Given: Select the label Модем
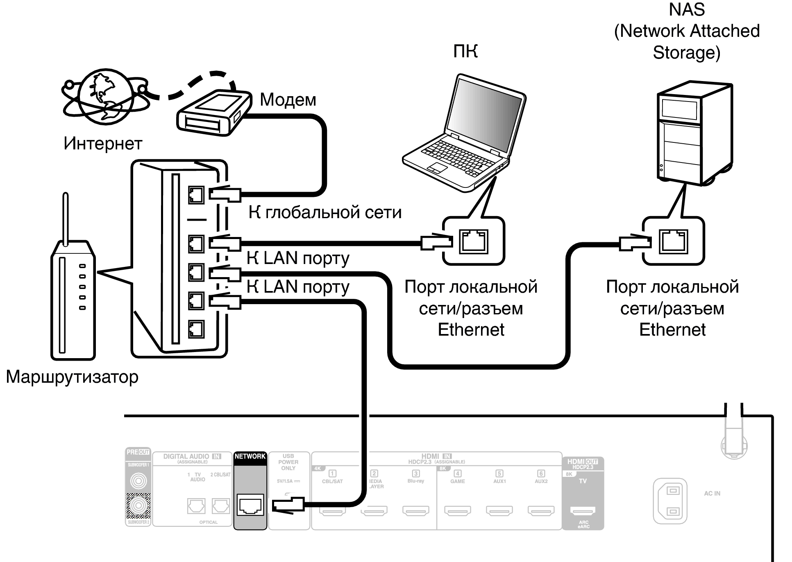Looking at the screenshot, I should tap(288, 100).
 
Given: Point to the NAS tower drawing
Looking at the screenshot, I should tap(694, 133).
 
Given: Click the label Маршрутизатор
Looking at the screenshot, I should tap(72, 377).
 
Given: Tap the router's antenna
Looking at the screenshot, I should tap(66, 219).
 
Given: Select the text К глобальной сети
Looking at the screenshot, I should tap(325, 212).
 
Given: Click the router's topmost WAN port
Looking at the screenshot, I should tap(196, 195).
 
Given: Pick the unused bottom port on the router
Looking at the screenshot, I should tap(196, 329).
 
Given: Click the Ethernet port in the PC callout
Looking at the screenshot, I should tap(474, 242).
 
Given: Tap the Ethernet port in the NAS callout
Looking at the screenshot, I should tap(673, 242).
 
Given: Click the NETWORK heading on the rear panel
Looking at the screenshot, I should tap(250, 456).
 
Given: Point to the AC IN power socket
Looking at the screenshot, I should tap(670, 501).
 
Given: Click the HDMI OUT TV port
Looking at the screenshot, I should tap(583, 510).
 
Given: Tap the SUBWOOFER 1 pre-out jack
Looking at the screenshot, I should tap(138, 481).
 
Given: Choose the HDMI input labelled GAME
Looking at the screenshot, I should tap(458, 510).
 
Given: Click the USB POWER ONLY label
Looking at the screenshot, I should tap(288, 462).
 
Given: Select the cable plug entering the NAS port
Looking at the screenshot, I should tap(634, 243).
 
